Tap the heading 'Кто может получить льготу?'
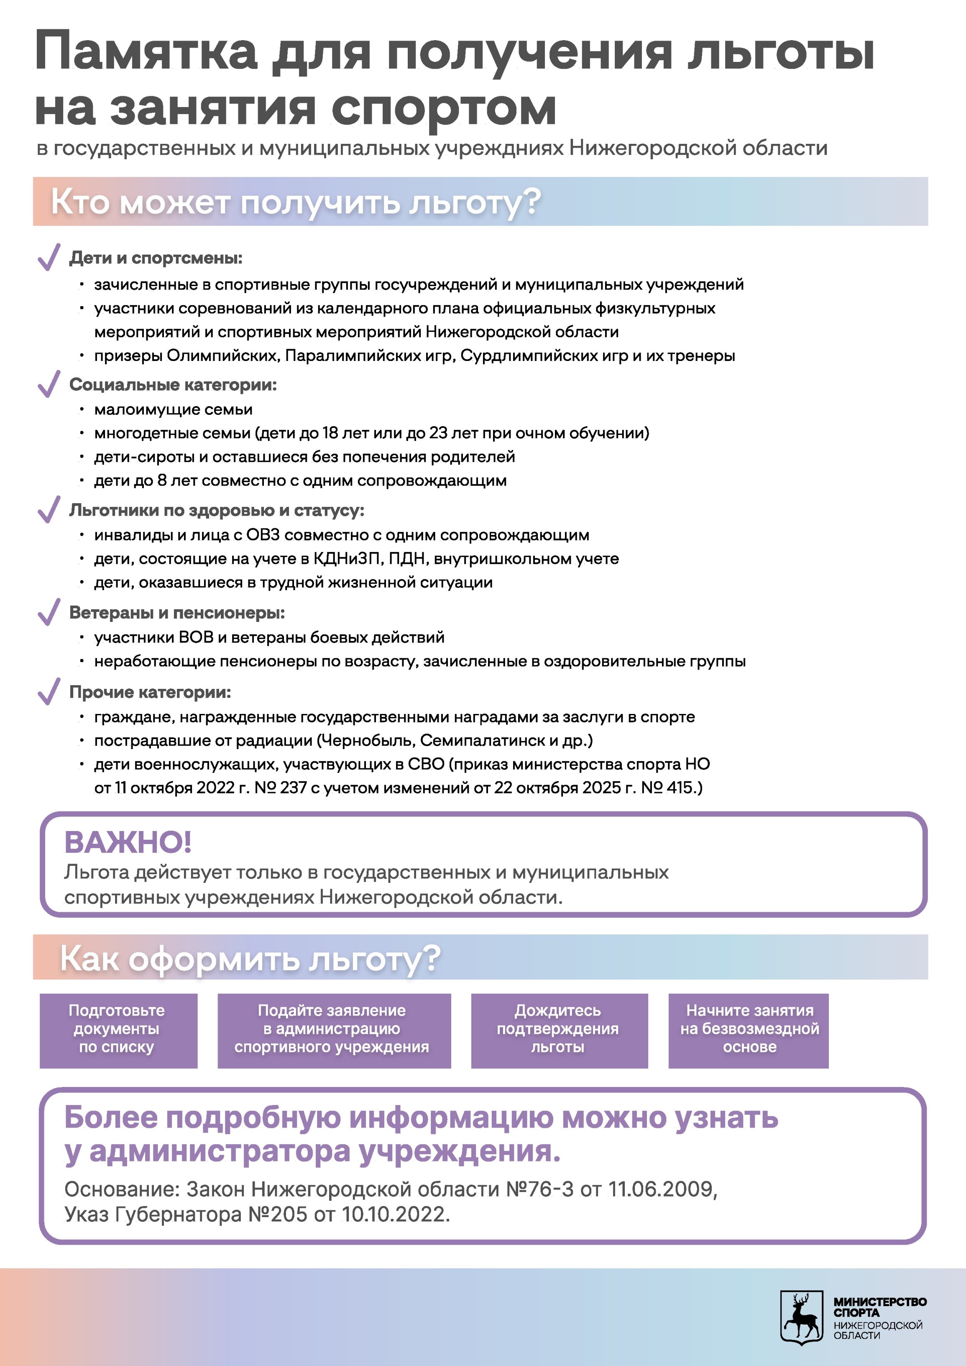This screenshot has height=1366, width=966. point(296,202)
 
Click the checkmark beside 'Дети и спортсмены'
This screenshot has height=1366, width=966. point(49,257)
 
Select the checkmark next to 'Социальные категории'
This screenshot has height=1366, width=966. point(49,384)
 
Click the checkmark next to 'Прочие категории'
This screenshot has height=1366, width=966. point(49,691)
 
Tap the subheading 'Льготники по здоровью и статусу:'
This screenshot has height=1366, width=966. point(217,510)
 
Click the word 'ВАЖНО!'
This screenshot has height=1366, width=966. point(128,842)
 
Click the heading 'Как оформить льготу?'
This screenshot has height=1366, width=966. point(250,959)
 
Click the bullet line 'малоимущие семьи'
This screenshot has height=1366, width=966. point(173,409)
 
